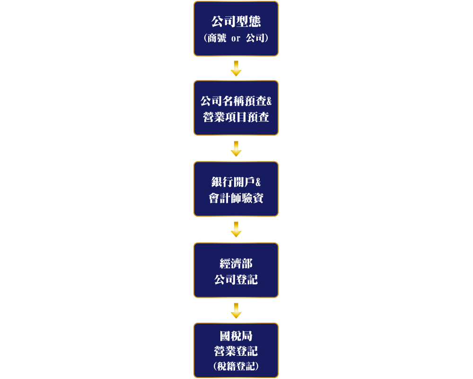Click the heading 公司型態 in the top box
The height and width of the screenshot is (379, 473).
(x=236, y=21)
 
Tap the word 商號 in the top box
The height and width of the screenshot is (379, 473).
(x=217, y=38)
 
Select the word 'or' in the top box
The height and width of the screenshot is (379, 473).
(x=236, y=39)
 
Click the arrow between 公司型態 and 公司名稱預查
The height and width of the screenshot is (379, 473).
(x=236, y=68)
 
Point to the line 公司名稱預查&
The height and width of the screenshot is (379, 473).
(x=236, y=101)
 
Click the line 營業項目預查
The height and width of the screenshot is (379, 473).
(x=236, y=117)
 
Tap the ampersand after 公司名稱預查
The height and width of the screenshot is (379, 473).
(x=269, y=101)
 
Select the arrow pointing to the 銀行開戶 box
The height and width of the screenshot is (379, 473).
(x=236, y=149)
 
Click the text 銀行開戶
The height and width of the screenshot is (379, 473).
(x=233, y=182)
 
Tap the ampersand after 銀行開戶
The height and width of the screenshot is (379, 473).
(x=258, y=182)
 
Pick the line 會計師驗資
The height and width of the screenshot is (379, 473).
(x=236, y=198)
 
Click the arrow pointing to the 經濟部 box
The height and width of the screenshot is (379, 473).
(x=236, y=229)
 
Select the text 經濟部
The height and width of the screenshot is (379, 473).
(x=236, y=263)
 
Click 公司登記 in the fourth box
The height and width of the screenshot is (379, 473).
(x=236, y=280)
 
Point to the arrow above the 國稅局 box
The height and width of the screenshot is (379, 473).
(x=236, y=311)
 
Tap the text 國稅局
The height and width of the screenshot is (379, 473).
(x=236, y=336)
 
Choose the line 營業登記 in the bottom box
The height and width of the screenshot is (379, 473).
(x=236, y=351)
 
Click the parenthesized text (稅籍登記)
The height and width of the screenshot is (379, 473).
(x=236, y=366)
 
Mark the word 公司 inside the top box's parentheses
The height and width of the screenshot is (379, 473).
(x=255, y=38)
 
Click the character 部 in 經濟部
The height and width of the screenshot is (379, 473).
(x=247, y=263)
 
